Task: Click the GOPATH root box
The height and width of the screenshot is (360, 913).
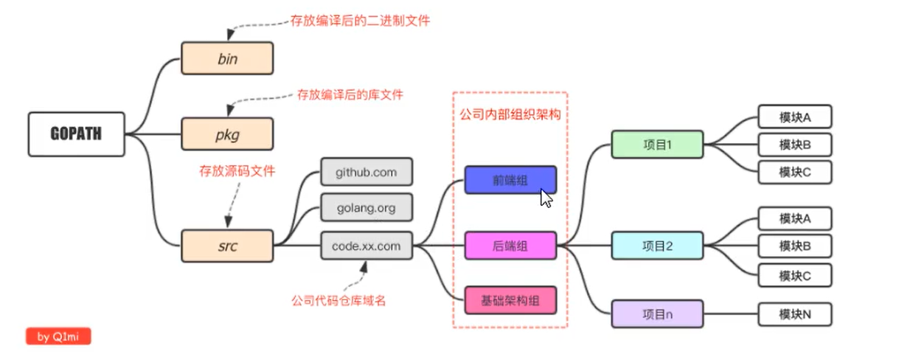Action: [76, 134]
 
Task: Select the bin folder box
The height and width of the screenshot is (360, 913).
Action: [227, 58]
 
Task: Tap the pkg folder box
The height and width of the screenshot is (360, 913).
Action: [227, 135]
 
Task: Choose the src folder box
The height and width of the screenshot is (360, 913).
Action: [227, 246]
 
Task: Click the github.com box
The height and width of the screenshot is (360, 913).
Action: [366, 172]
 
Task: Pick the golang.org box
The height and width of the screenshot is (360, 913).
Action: [366, 208]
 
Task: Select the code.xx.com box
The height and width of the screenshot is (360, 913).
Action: [366, 246]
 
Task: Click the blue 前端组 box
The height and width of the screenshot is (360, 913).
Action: [510, 179]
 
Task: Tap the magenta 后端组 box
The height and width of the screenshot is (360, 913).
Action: [510, 246]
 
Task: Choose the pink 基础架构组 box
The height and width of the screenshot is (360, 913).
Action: [510, 300]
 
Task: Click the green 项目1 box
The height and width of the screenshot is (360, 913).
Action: [657, 145]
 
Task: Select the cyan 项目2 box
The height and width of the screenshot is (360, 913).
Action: [657, 246]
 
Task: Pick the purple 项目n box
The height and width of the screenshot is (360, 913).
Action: [657, 314]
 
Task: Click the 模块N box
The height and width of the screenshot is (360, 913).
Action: [794, 314]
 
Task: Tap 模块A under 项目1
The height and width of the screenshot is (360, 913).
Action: [794, 117]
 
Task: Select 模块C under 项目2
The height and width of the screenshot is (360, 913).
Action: [794, 275]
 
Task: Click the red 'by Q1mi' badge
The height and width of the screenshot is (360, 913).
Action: [58, 337]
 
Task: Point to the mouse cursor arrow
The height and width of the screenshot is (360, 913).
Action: [546, 198]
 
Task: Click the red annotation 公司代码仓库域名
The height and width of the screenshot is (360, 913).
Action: [339, 300]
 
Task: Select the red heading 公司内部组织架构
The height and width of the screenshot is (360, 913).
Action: [510, 114]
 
